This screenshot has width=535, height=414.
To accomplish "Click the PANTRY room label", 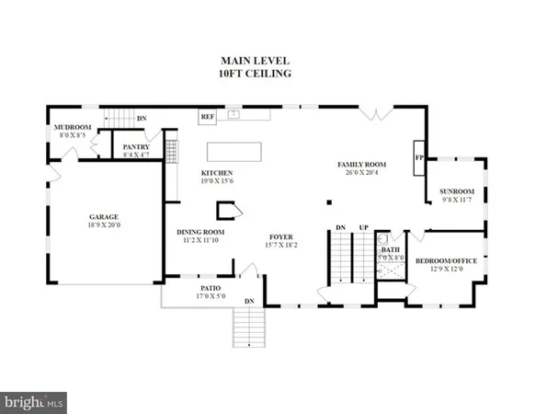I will pyautogui.click(x=136, y=145).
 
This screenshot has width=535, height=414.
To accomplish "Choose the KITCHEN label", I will pyautogui.click(x=217, y=173).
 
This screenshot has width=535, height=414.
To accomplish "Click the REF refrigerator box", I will pyautogui.click(x=207, y=117).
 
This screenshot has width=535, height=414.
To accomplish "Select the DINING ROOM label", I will pyautogui.click(x=200, y=232).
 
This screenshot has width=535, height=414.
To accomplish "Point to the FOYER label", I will pyautogui.click(x=280, y=236).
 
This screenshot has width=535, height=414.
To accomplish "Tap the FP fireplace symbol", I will pyautogui.click(x=419, y=157).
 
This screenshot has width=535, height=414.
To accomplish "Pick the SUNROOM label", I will pyautogui.click(x=455, y=191).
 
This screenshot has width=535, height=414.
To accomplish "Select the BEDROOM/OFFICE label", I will pyautogui.click(x=447, y=260).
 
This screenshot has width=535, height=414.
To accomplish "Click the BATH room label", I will pyautogui.click(x=391, y=249).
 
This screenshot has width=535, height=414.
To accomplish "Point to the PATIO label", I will pyautogui.click(x=211, y=287).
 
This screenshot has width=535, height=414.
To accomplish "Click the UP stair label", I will pyautogui.click(x=364, y=227).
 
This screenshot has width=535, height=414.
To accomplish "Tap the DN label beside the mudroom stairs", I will pyautogui.click(x=141, y=119).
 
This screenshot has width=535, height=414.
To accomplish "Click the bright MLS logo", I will pyautogui.click(x=34, y=402).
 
